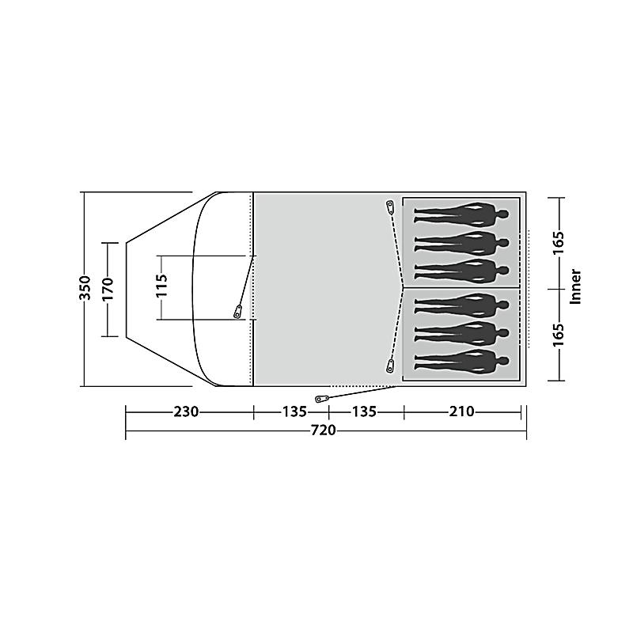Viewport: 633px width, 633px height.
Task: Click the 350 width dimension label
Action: pos(85,288)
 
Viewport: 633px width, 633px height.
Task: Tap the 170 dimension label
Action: pos(108,289)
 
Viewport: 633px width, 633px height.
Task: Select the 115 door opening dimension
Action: pos(161,286)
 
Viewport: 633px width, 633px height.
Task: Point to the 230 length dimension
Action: pos(186,411)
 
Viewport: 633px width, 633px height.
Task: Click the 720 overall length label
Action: pos(324,430)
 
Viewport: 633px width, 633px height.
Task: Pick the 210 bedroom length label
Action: pos(462,411)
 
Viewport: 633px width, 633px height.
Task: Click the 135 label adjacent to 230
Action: pos(294,411)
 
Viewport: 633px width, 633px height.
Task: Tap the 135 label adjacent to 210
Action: pos(365,411)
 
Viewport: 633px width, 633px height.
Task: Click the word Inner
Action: pos(575,286)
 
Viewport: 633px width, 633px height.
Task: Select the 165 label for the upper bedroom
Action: pos(559,243)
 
